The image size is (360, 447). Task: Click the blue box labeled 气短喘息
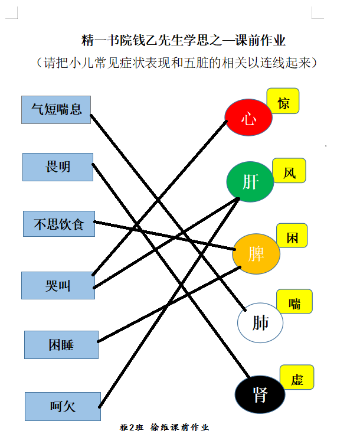56,110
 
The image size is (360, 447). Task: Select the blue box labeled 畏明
58,167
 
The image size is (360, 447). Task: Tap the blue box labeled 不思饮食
59,224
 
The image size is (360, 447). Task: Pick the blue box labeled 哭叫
58,285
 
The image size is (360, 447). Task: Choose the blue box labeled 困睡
61,345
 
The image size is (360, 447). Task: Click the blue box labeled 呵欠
63,406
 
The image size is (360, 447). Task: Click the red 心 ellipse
248,117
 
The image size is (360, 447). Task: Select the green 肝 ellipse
250,182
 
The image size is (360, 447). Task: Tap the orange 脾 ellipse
256,254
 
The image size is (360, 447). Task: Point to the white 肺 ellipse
260,322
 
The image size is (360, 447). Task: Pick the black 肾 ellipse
260,394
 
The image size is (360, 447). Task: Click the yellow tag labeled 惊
283,101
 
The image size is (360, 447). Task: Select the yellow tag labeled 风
289,171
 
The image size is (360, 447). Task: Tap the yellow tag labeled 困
292,236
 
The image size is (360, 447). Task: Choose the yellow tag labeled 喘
294,301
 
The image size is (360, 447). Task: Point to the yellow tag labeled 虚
297,377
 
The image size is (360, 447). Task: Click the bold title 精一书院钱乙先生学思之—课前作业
183,40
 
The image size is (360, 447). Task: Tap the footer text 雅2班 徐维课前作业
165,427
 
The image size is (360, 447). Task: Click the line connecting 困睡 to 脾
169,305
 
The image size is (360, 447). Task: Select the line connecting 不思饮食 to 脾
165,236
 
